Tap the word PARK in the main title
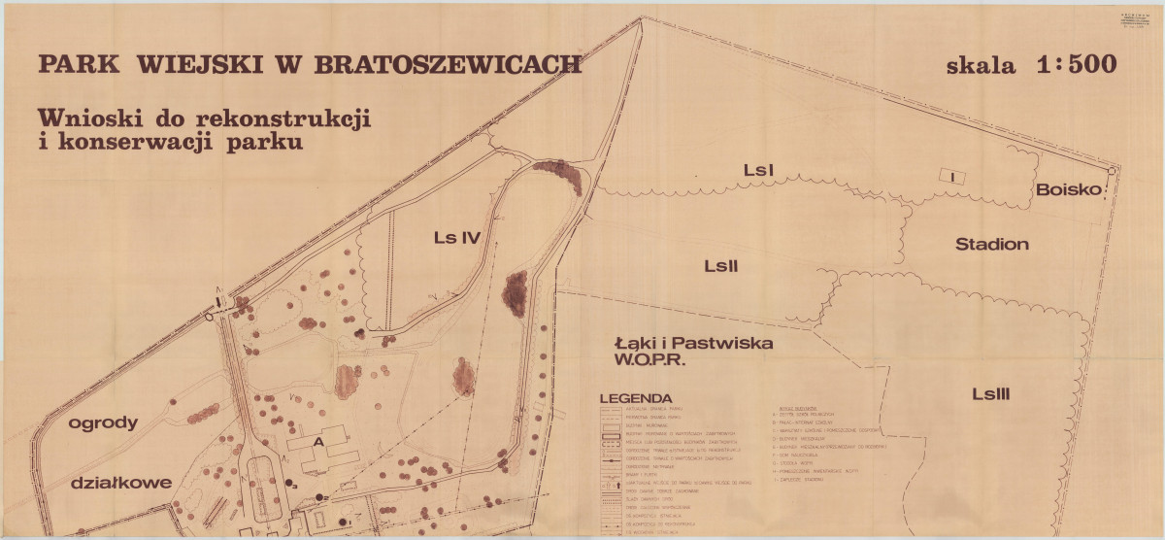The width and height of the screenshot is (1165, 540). coord(80,65)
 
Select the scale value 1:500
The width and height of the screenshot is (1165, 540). coord(1077,65)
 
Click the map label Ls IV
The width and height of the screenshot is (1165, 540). coord(458,237)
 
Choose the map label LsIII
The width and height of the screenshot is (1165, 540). coord(991,393)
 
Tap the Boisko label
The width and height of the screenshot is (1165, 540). coord(1070,190)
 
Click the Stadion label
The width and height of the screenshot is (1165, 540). coord(991,244)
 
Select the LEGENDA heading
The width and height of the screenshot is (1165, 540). coord(636,398)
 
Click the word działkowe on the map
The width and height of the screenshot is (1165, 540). coord(120,483)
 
